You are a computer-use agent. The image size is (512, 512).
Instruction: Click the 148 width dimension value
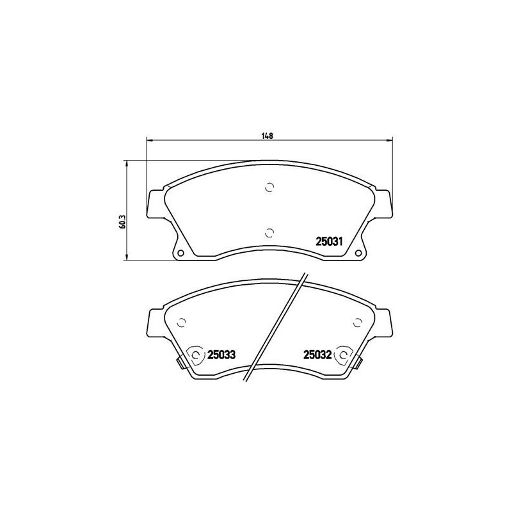pos(267,136)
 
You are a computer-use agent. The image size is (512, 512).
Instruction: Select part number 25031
pos(329,242)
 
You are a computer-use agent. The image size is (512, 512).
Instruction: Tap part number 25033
pos(221,355)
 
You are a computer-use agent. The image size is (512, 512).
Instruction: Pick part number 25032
pos(317,355)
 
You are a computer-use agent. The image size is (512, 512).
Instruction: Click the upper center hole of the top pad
pos(269,188)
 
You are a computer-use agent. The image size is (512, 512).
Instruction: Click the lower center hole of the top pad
pos(269,233)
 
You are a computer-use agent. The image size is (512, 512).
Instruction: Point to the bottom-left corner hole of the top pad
pos(180,253)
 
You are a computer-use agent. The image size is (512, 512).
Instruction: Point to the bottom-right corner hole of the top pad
pos(358,253)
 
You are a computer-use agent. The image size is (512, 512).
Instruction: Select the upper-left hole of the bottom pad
pos(181,323)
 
